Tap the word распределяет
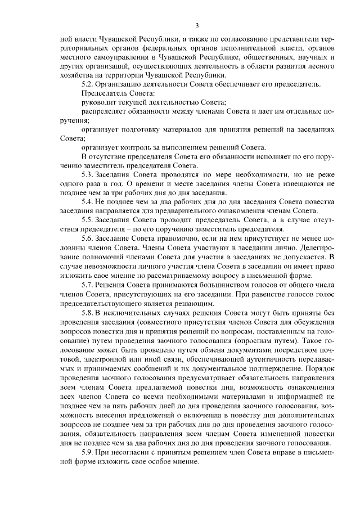pyautogui.click(x=105, y=111)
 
